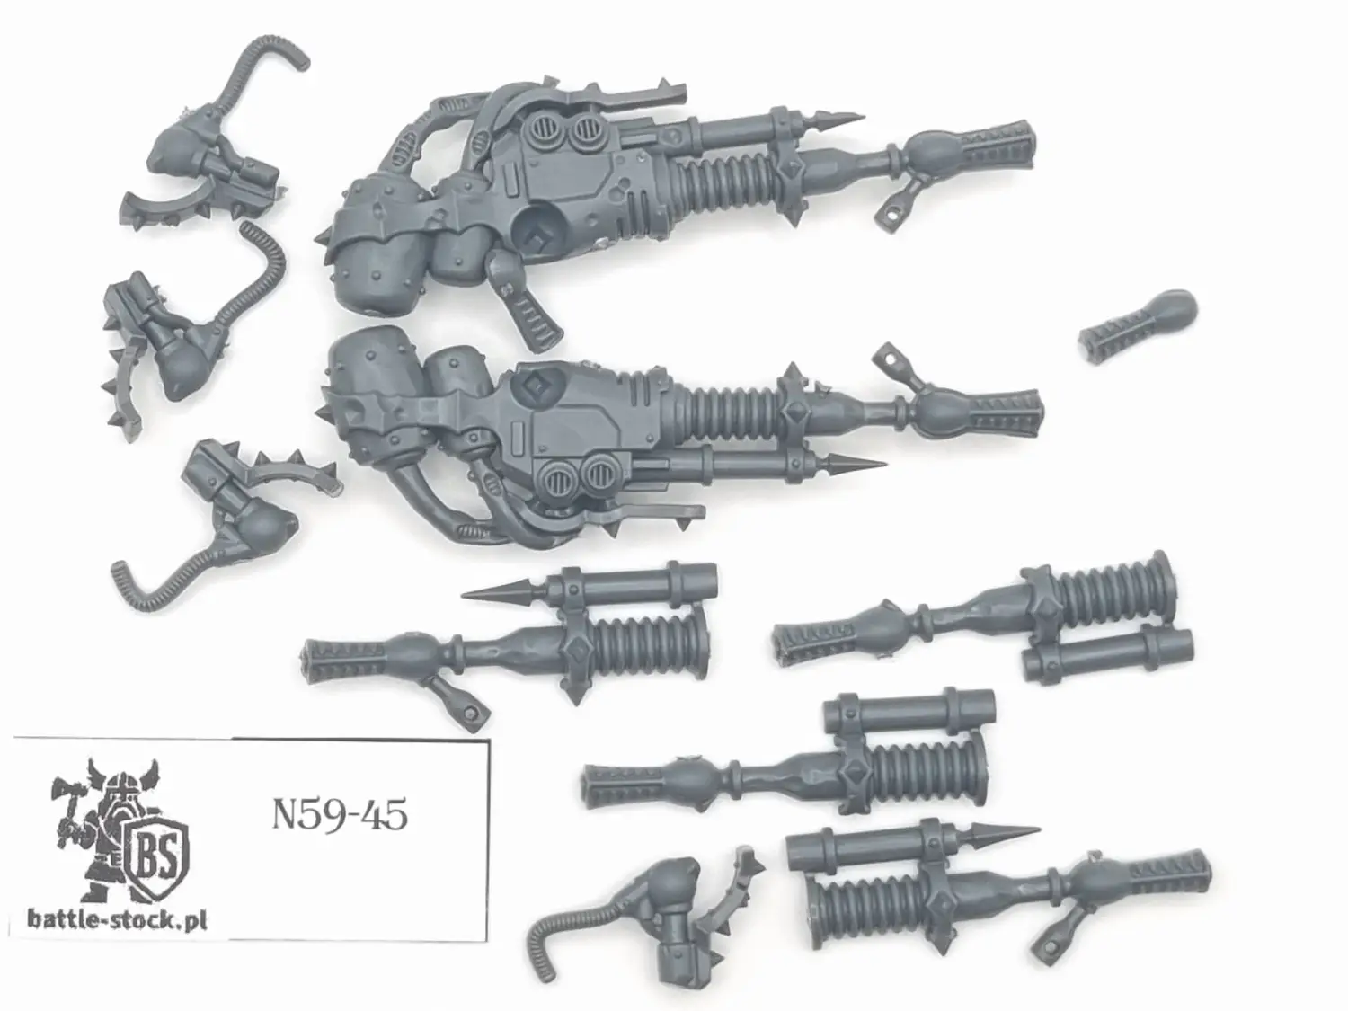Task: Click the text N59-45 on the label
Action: pyautogui.click(x=340, y=815)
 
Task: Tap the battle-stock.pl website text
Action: pyautogui.click(x=118, y=919)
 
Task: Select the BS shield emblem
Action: pyautogui.click(x=156, y=854)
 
